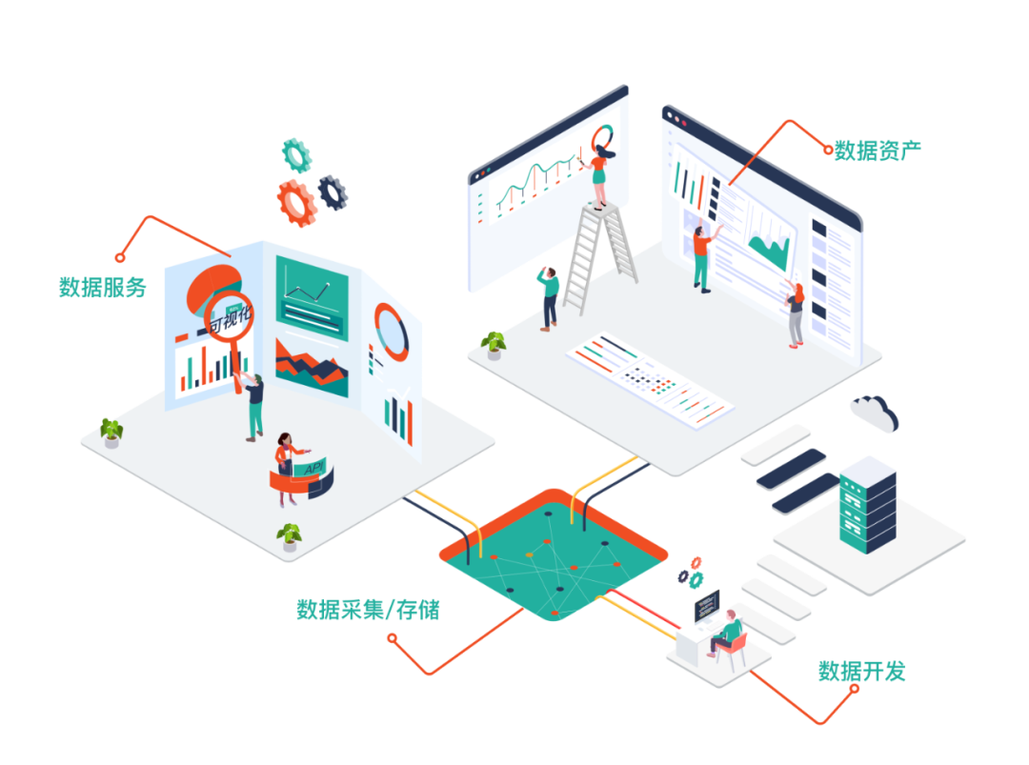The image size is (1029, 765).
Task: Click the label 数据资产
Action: pyautogui.click(x=877, y=150)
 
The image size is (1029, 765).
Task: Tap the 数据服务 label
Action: pyautogui.click(x=102, y=287)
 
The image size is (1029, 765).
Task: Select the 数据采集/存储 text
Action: pyautogui.click(x=368, y=609)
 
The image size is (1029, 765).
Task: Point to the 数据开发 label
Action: pyautogui.click(x=861, y=672)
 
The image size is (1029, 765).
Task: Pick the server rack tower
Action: pyautogui.click(x=867, y=504)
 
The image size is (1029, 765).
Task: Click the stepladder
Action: pyautogui.click(x=600, y=255)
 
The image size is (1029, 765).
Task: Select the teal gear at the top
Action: pyautogui.click(x=297, y=154)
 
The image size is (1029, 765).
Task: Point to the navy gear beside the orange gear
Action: pyautogui.click(x=333, y=191)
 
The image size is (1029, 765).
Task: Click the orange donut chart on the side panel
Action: pyautogui.click(x=391, y=331)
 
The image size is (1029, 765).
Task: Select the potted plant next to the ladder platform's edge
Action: pyautogui.click(x=494, y=344)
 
